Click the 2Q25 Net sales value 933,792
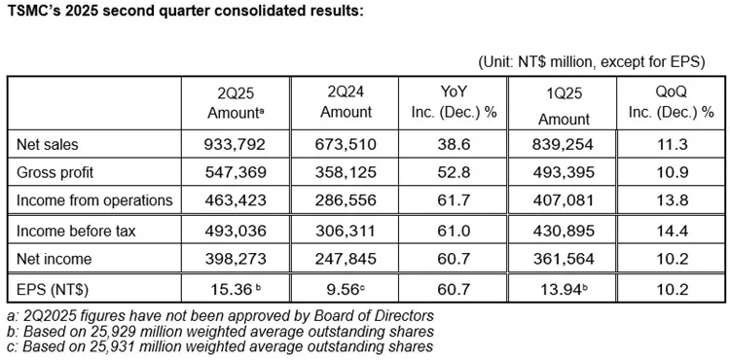(x=236, y=145)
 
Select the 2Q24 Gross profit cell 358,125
(x=345, y=172)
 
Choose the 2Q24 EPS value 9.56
(x=344, y=290)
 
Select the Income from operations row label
(x=94, y=200)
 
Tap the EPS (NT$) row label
(x=53, y=290)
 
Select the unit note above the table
(x=591, y=62)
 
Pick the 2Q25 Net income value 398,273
(x=236, y=258)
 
